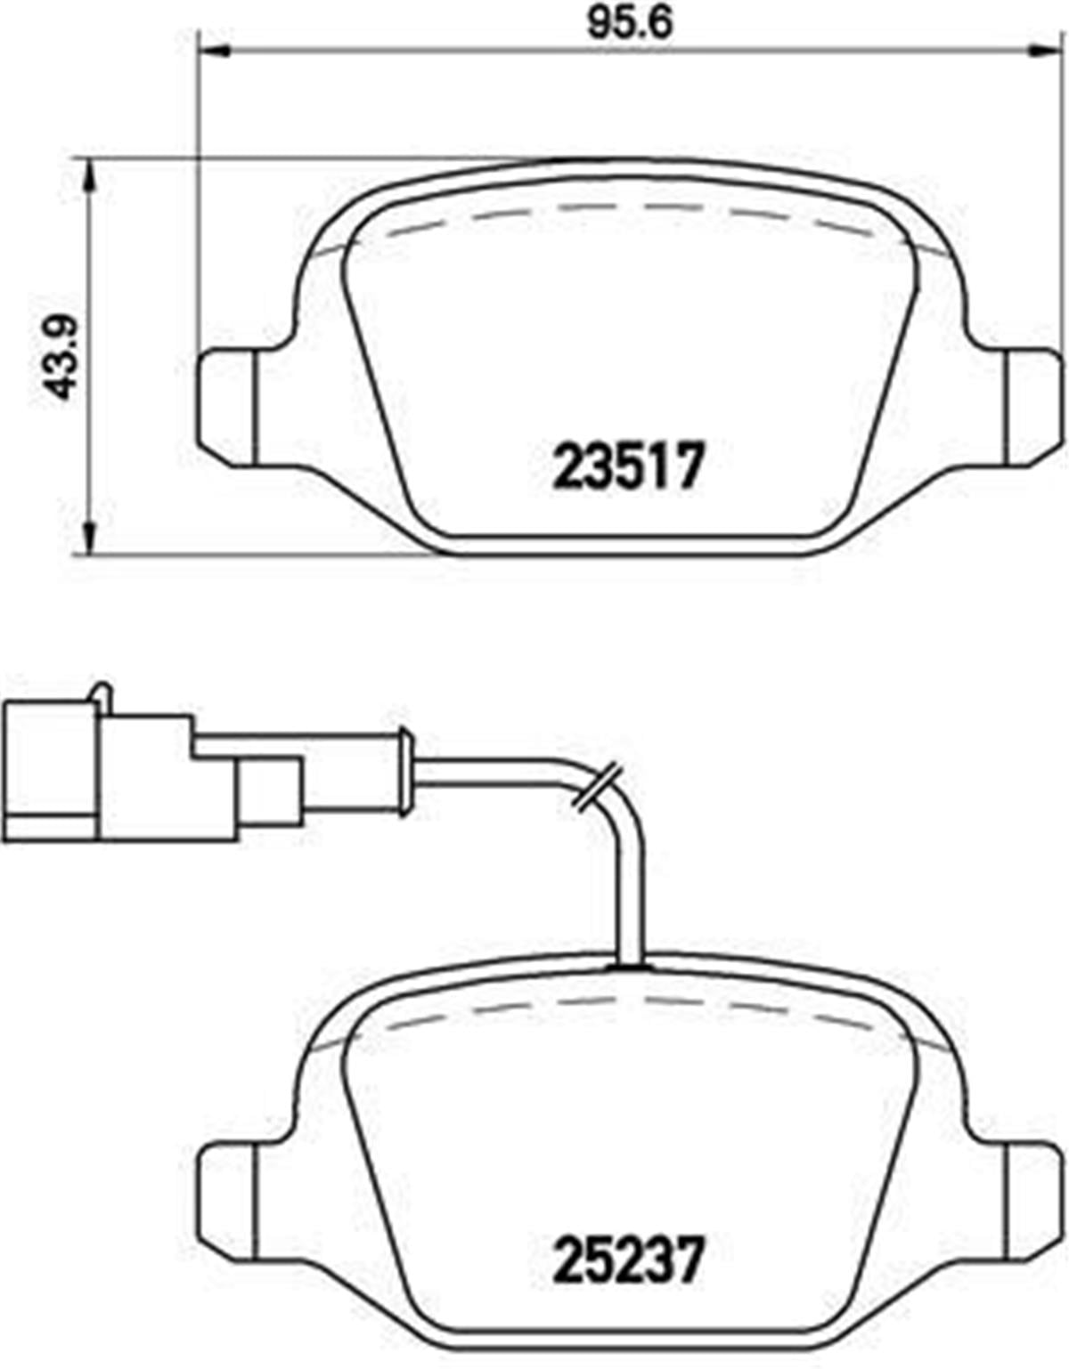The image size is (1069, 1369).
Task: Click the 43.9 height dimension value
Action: point(61,356)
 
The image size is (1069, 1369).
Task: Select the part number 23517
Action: point(629,467)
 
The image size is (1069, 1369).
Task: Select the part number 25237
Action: point(629,1258)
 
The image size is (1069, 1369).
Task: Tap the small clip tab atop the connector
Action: point(102,693)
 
